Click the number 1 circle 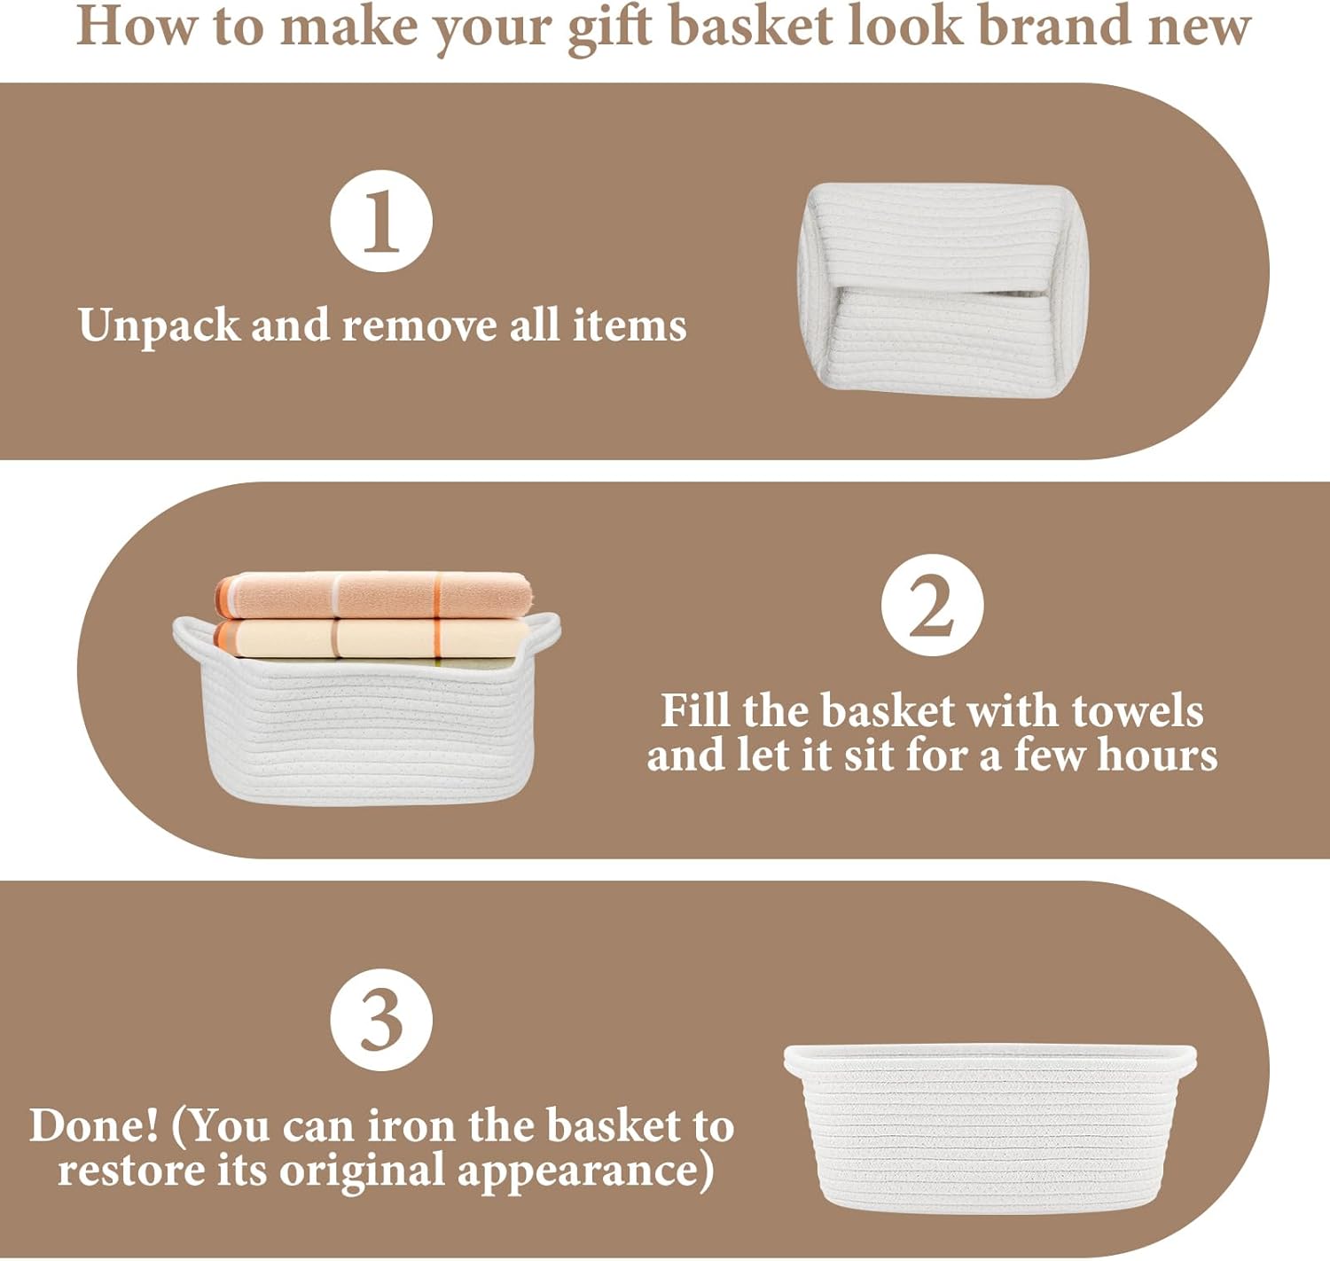point(381,221)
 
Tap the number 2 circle point(932,605)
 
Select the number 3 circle point(381,1020)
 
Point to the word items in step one point(630,325)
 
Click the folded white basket point(943,290)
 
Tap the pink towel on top point(373,595)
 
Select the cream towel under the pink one point(371,638)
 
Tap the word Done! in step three point(94,1126)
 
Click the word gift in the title point(609,28)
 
